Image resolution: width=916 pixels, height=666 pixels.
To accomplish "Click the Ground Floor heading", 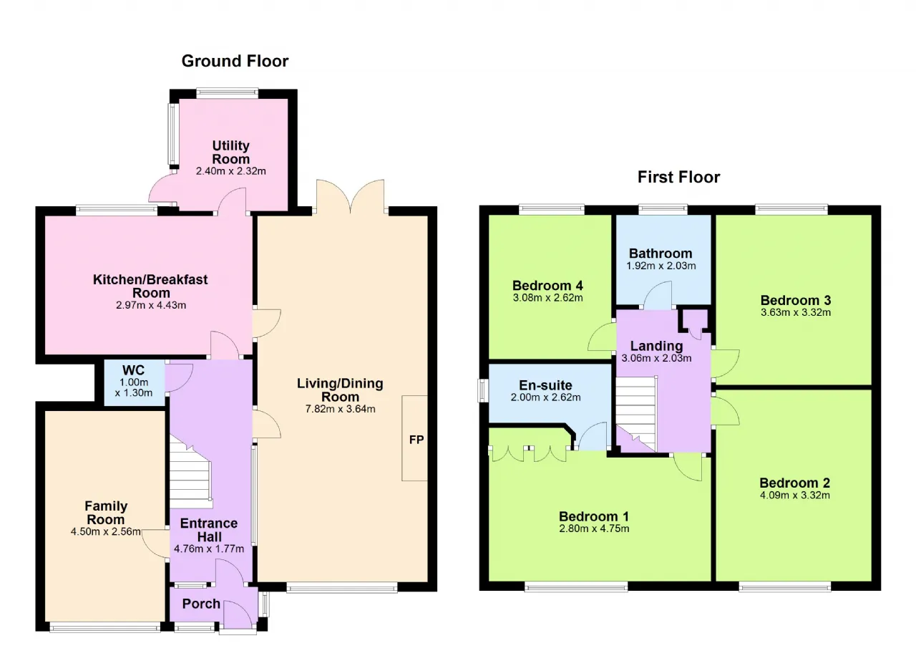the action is point(235,62).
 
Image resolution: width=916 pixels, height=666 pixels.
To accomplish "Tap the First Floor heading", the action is point(679,177).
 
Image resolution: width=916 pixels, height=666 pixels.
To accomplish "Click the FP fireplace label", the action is point(416,440).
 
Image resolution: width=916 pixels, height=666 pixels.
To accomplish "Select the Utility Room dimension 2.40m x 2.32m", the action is point(230,171).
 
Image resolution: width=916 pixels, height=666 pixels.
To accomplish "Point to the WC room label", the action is point(133,370).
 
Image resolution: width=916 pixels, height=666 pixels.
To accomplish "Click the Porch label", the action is point(201,604).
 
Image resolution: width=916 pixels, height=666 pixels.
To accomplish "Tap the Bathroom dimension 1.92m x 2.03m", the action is point(661,266).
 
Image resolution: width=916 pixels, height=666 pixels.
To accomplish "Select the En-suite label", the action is point(545,385).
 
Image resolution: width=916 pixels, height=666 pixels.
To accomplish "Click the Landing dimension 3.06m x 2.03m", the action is point(656,358).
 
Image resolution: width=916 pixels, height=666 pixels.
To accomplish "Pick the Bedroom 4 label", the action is point(547,285).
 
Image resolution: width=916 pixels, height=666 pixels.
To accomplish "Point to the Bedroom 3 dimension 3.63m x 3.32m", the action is point(795,312).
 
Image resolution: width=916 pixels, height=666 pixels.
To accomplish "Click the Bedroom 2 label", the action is point(794,483).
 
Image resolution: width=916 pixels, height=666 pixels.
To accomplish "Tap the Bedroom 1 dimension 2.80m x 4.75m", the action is point(594,529).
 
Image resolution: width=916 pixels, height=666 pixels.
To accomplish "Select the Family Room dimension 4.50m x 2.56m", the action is point(106,532).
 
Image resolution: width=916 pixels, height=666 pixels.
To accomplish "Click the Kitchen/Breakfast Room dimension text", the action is point(151,305).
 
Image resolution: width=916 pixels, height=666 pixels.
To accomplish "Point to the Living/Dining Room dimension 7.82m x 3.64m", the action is point(340,409).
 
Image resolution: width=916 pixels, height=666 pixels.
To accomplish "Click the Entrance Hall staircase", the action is point(190,475).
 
